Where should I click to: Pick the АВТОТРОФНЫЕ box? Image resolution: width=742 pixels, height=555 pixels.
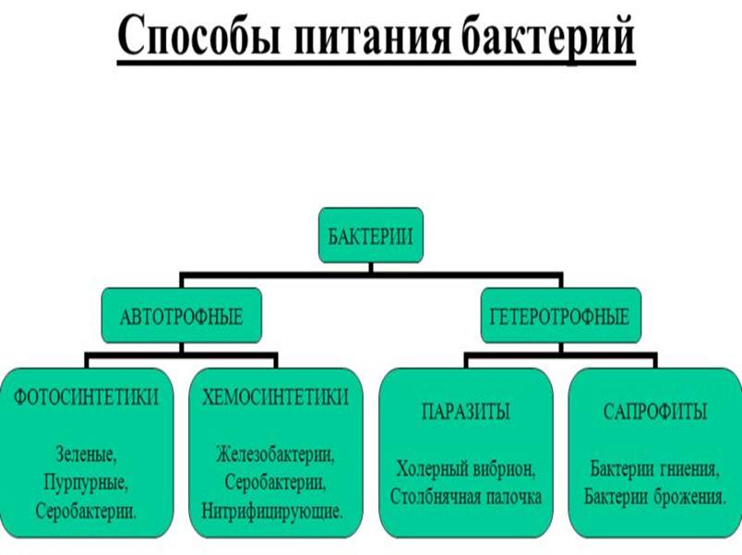[x=182, y=317]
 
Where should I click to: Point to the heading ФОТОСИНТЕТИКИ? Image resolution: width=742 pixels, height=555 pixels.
[x=87, y=397]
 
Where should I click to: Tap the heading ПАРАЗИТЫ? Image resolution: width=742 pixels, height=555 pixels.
[x=466, y=412]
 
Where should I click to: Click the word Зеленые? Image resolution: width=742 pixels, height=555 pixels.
[x=86, y=455]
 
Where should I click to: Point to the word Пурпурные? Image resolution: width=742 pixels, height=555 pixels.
[x=86, y=482]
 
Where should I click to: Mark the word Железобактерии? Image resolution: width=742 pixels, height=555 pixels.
[x=275, y=455]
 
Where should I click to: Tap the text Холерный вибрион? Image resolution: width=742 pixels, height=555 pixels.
[x=466, y=468]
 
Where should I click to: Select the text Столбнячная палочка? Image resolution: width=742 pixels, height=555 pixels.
[x=466, y=496]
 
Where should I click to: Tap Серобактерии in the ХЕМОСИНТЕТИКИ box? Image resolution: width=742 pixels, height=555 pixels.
[x=273, y=482]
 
